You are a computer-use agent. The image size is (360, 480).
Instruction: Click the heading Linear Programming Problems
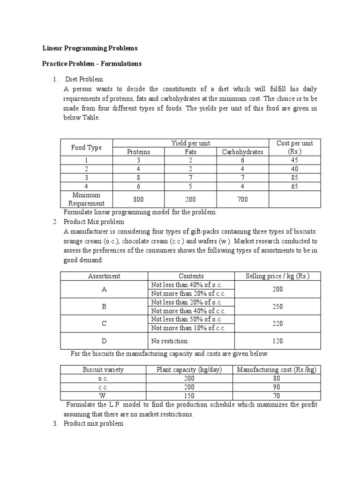[x=90, y=48]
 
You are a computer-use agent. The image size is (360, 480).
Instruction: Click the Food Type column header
[x=86, y=147]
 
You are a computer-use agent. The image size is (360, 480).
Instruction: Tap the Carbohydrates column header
[x=242, y=152]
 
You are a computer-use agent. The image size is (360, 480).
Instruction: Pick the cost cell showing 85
[x=295, y=178]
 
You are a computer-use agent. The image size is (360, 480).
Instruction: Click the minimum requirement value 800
[x=138, y=199]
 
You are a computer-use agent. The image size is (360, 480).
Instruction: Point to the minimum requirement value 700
[x=242, y=199]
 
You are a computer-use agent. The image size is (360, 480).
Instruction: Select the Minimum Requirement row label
[x=86, y=199]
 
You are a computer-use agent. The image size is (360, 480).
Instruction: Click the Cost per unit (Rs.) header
[x=295, y=147]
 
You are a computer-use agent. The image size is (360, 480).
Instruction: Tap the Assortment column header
[x=104, y=276]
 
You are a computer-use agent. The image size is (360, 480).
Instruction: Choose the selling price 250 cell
[x=277, y=306]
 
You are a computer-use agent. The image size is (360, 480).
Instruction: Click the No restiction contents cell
[x=169, y=341]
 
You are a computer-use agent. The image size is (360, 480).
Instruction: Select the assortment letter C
[x=104, y=323]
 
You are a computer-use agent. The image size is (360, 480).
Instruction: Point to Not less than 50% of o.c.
[x=187, y=319]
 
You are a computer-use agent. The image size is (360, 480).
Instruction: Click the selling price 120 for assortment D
[x=277, y=341]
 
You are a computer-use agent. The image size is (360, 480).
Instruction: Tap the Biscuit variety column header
[x=103, y=369]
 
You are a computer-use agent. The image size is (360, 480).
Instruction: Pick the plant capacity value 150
[x=188, y=396]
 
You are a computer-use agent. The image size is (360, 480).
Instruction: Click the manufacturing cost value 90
[x=277, y=387]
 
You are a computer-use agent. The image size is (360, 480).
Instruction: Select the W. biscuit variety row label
[x=103, y=396]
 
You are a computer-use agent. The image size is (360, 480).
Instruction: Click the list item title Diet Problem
[x=84, y=79]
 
